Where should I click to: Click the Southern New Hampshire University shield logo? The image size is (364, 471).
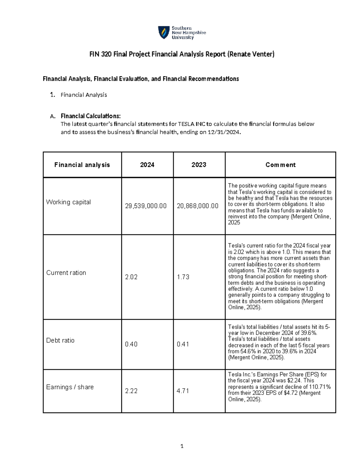pos(164,32)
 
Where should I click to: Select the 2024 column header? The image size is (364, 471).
pos(147,165)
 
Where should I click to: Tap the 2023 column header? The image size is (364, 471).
pos(199,165)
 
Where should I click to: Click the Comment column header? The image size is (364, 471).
pos(280,165)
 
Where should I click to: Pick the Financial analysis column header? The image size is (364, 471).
pos(82,165)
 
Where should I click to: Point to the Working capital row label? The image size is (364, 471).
pos(68,202)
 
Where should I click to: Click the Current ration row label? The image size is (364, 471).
pos(66,273)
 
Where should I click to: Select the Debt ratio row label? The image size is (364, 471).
pos(60,340)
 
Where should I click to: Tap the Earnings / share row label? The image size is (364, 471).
pos(70,387)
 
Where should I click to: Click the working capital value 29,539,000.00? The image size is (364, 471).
pos(146,206)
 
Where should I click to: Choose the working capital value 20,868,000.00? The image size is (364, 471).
pos(197,206)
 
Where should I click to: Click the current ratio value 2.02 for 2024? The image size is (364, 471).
pos(131,277)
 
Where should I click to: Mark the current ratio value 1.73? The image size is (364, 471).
pos(183,277)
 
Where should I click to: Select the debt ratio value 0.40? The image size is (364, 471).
pos(131,344)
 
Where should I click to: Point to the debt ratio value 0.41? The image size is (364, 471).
pos(183,344)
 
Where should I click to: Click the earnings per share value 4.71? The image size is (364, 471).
pos(183,391)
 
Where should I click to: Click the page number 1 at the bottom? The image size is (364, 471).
pos(182,446)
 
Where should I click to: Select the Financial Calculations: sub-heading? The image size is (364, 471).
pos(91,116)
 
